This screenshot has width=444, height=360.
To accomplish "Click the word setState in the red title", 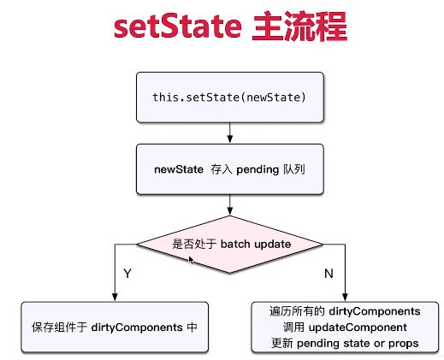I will tap(176, 27).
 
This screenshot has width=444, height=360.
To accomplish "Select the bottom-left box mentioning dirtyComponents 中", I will tap(115, 327).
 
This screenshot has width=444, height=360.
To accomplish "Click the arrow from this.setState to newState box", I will tap(229, 132).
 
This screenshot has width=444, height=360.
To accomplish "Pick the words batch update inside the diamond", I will tap(255, 244).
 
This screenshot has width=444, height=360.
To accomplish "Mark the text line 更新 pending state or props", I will tap(345, 342).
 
